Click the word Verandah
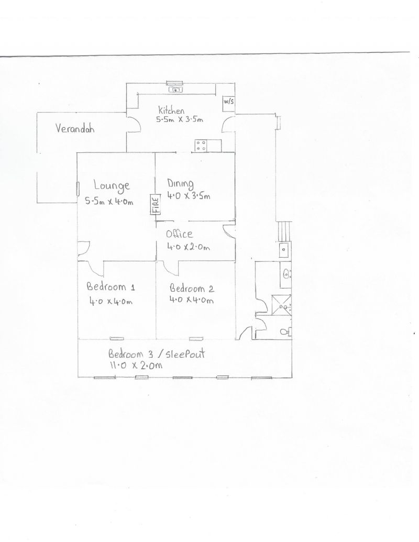click(x=75, y=128)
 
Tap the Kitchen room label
click(x=171, y=110)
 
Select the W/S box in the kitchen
click(x=228, y=103)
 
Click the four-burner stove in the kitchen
click(x=201, y=145)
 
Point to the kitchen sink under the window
click(x=175, y=90)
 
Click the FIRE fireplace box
click(x=156, y=204)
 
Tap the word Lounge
click(x=112, y=186)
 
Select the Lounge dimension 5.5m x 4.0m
click(x=109, y=201)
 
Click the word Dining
click(x=180, y=184)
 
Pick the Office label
click(x=179, y=234)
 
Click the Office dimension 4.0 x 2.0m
click(x=189, y=247)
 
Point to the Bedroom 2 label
click(x=192, y=288)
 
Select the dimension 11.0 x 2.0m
click(x=136, y=365)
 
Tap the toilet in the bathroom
click(x=285, y=332)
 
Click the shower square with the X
click(x=281, y=305)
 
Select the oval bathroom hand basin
click(x=286, y=274)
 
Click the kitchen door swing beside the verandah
click(x=134, y=124)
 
